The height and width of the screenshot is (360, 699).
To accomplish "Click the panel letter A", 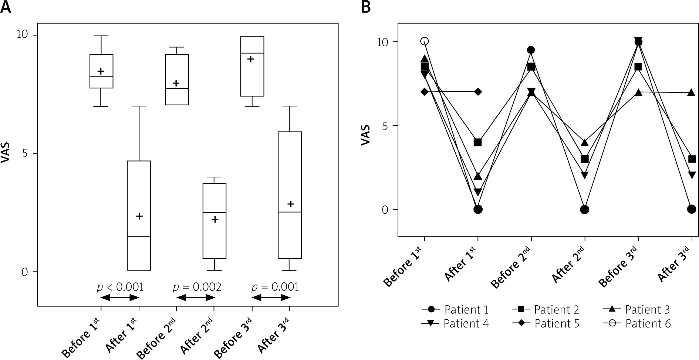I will pos(6,7).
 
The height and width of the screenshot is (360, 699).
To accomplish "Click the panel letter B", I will pos(366,7).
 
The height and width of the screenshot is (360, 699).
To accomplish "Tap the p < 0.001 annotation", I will pos(120,287).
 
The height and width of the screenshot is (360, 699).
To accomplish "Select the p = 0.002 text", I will pos(197,287).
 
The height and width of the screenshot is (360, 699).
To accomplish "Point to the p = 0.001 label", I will pos(275,287).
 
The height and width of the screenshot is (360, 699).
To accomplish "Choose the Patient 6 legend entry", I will pos(637,324).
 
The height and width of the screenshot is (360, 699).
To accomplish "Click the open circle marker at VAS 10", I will pos(425,41).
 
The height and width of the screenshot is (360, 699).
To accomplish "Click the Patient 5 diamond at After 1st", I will pos(478,92).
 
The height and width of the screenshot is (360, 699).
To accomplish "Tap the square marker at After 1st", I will pos(478,142).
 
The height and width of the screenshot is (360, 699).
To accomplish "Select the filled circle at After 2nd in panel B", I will pos(584,210).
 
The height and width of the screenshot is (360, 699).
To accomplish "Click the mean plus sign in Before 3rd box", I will pos(251,59).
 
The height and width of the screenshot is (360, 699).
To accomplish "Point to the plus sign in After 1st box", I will pos(139,216).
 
